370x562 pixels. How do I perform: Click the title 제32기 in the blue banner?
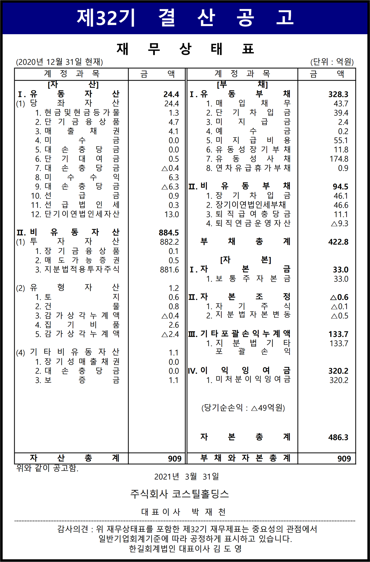point(106,18)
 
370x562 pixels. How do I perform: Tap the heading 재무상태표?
point(185,49)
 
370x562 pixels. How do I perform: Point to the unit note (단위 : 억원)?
point(332,62)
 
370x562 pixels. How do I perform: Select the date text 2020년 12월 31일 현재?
point(59,62)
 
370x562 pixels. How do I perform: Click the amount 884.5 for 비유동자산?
point(169,233)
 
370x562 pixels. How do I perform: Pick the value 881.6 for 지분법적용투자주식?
point(169,270)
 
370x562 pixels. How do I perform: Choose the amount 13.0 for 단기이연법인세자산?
point(171,214)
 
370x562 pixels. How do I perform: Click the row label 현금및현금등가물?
point(77,113)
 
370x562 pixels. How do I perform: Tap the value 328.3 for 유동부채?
point(338,94)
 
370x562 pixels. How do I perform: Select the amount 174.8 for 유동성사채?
point(339,159)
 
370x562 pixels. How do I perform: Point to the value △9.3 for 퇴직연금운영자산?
point(339,223)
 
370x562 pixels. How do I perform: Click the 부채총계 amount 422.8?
point(338,242)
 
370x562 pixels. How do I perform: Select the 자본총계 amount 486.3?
point(338,437)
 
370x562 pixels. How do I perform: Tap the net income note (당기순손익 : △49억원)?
point(243,408)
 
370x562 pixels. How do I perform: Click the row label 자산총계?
point(74,458)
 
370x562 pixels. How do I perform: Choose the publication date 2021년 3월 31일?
point(187,477)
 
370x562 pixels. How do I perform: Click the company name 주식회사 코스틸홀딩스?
point(179,494)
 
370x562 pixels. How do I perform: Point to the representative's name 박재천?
point(209,512)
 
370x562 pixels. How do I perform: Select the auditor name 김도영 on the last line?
point(228,548)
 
